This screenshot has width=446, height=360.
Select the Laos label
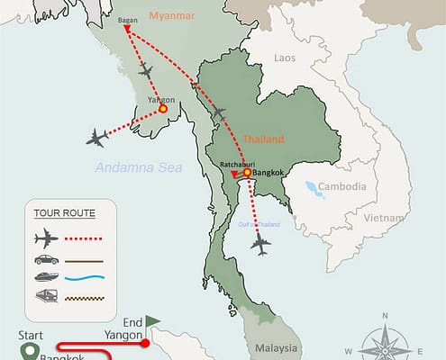[x=284, y=58]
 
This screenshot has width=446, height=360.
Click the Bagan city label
[x=129, y=18]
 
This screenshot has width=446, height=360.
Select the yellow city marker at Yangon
[x=163, y=108]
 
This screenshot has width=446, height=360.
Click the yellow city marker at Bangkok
[x=247, y=173]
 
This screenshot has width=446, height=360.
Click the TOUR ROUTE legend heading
[x=64, y=213]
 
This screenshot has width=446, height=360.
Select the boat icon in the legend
[x=44, y=277]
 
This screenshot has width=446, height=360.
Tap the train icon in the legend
[x=44, y=296]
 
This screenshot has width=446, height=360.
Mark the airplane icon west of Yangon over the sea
[x=97, y=137]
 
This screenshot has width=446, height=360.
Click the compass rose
[x=385, y=339]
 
